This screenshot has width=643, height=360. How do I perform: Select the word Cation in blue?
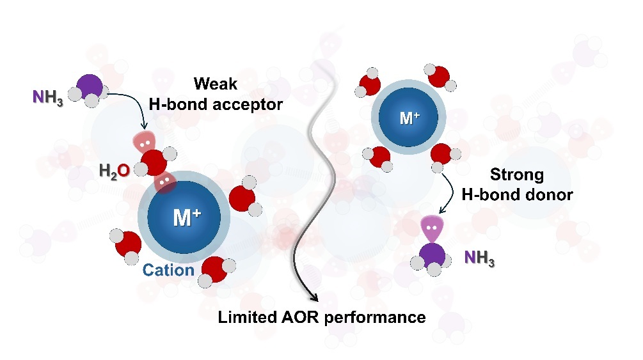(x=168, y=270)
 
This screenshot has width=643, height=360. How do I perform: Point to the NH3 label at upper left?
(x=47, y=98)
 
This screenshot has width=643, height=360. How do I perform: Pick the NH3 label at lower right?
(x=480, y=258)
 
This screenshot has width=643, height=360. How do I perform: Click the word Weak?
(x=216, y=84)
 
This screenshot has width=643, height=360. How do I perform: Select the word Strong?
(x=516, y=174)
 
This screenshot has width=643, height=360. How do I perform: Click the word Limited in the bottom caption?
(x=246, y=317)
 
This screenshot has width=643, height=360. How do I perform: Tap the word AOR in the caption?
(x=303, y=317)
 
